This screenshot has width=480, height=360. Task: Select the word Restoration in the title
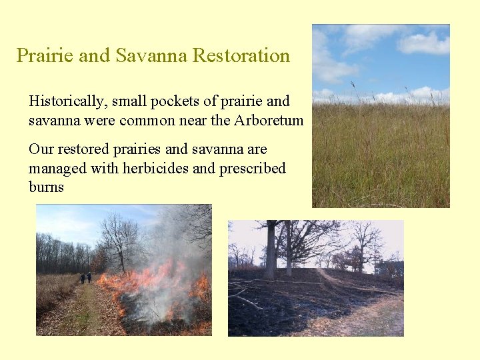pos(241,55)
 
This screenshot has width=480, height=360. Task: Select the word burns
pos(46,187)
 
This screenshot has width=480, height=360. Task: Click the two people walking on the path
pos(85,277)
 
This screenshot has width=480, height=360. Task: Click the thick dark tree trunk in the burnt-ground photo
pos(271,250)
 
